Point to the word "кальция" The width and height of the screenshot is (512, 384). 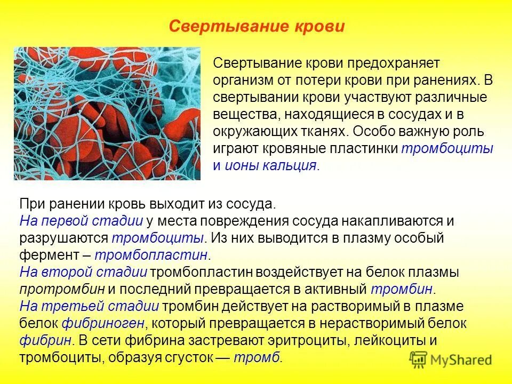pos(289,165)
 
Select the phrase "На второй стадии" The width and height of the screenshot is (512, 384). pos(83,273)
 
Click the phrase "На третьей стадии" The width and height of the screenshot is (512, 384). pos(89,307)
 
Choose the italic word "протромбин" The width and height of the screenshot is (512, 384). pos(63,290)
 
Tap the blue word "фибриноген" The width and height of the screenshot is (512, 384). pos(103,324)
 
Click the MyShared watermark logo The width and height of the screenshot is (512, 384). pos(451,359)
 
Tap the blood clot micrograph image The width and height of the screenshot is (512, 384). pos(107,114)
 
